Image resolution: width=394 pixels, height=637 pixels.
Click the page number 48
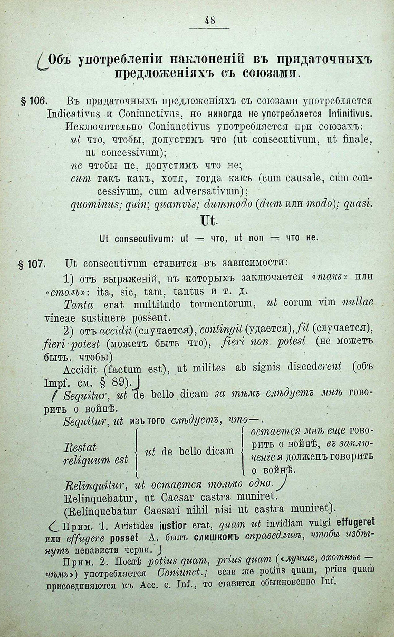click(x=210, y=20)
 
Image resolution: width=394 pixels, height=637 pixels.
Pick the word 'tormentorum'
click(x=223, y=305)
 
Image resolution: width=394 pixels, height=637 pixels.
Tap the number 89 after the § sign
click(x=120, y=382)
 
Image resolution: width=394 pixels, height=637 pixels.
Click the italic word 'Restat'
click(x=80, y=447)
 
